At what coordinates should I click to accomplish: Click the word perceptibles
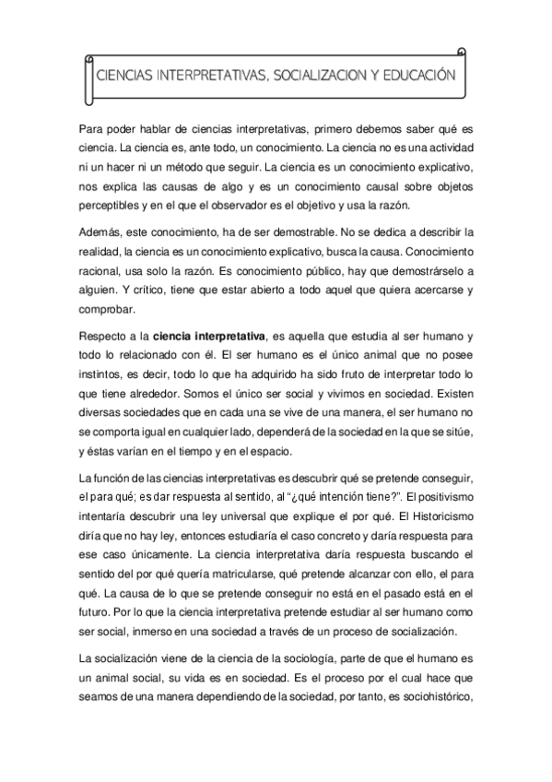[x=112, y=206]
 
